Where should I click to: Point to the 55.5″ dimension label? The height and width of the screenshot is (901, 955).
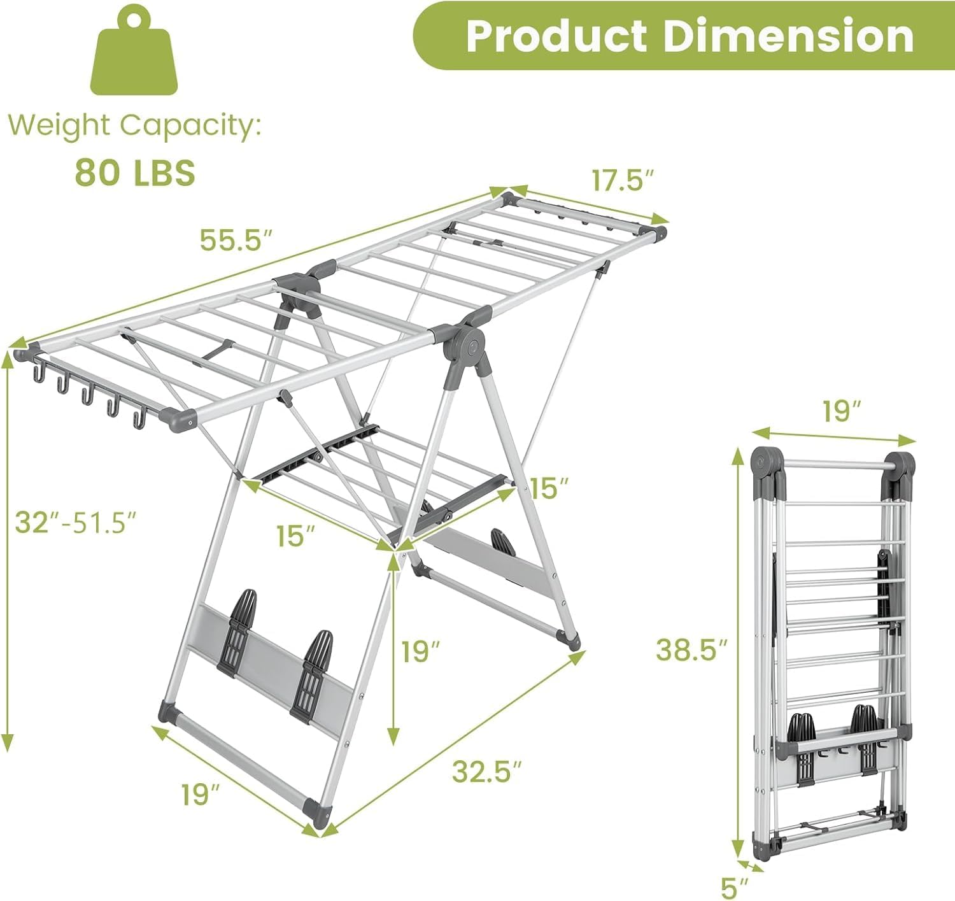click(x=236, y=240)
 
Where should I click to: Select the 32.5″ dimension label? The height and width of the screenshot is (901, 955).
click(x=487, y=772)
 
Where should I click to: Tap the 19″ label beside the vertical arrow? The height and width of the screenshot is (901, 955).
click(x=421, y=651)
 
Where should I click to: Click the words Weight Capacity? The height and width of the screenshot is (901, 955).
click(x=135, y=125)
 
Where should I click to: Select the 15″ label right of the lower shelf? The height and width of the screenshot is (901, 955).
click(x=549, y=488)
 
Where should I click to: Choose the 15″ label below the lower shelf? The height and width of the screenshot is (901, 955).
click(x=295, y=536)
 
